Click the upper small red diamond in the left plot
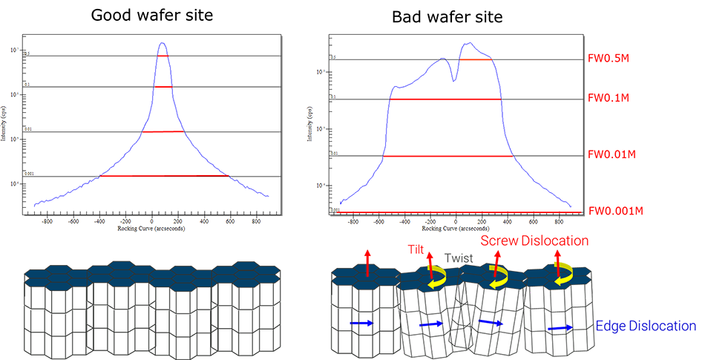click(x=163, y=56)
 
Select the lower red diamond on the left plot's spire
click(x=163, y=89)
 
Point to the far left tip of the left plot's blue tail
click(x=34, y=200)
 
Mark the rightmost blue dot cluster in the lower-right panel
click(x=553, y=326)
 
